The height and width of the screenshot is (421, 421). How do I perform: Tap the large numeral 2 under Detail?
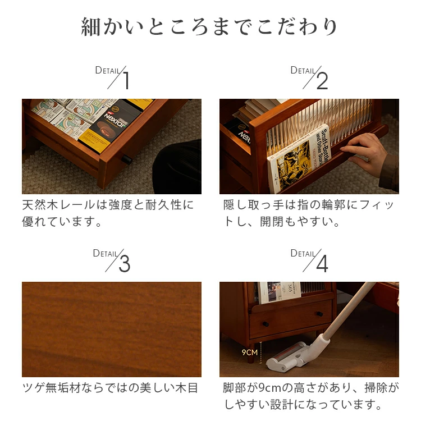click(322, 81)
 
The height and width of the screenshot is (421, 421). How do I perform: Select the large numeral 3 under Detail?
click(125, 264)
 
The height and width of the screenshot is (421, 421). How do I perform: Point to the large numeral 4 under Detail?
click(322, 264)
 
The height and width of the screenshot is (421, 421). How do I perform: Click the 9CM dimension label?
click(249, 353)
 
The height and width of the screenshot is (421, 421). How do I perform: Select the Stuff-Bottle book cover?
click(298, 159)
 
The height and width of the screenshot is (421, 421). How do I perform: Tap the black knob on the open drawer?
click(127, 160)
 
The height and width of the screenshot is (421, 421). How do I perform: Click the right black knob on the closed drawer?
click(319, 314)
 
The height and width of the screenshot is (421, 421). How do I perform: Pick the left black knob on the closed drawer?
click(266, 324)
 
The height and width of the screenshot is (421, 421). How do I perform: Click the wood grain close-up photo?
click(112, 330)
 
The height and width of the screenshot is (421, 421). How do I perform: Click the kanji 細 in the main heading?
click(90, 27)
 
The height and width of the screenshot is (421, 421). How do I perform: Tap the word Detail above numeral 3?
click(105, 253)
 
